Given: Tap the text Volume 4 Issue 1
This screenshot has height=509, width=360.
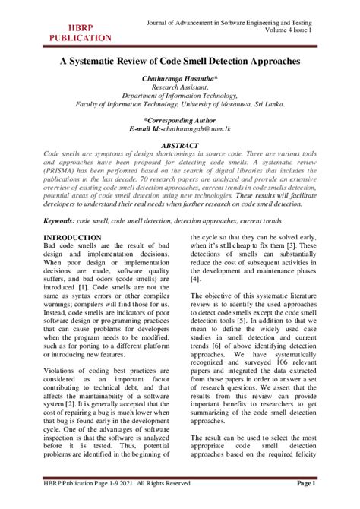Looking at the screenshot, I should pyautogui.click(x=292, y=27).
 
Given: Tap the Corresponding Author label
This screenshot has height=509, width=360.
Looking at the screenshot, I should pyautogui.click(x=180, y=120).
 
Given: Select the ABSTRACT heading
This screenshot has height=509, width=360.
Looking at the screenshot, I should pyautogui.click(x=180, y=144).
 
